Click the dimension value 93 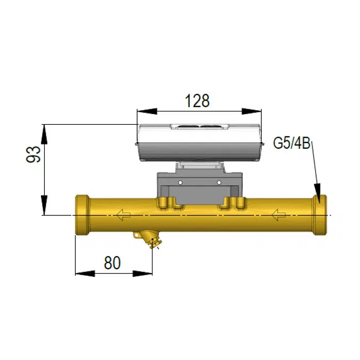click(x=33, y=155)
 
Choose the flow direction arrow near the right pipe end click(x=278, y=215)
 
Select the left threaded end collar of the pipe click(x=83, y=216)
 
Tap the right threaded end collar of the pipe click(x=320, y=216)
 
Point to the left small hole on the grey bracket click(x=180, y=183)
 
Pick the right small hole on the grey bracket click(x=218, y=183)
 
